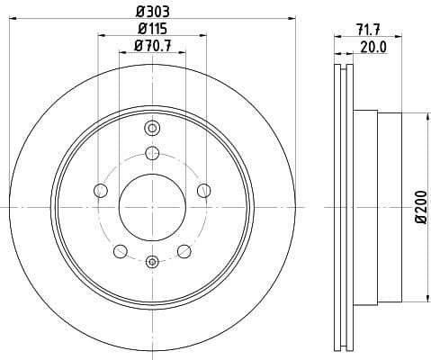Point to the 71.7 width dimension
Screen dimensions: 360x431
tap(366, 29)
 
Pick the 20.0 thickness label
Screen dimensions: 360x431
tap(373, 47)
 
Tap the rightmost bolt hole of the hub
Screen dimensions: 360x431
tap(204, 190)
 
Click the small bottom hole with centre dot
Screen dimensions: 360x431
tap(152, 262)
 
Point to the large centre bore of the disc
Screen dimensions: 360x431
tap(152, 206)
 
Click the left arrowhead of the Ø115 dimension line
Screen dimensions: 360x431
tap(101, 35)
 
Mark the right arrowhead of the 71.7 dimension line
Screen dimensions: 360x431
tap(395, 37)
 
